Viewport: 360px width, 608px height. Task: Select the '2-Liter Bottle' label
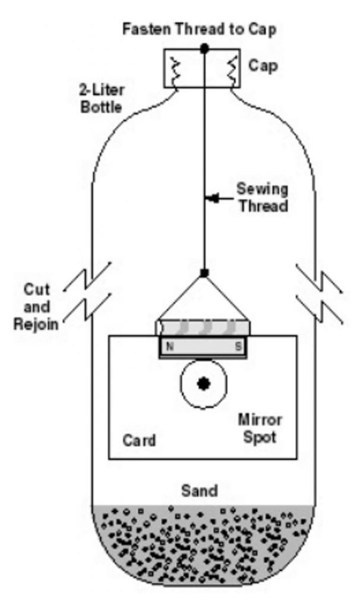(x=100, y=99)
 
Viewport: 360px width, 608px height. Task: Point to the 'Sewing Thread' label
(x=262, y=198)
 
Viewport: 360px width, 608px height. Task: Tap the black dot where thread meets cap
(x=204, y=47)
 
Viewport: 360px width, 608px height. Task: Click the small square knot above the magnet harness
(x=204, y=273)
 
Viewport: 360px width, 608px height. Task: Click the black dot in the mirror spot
(x=204, y=384)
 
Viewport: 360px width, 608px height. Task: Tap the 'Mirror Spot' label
(x=260, y=429)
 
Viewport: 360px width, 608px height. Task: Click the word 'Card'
(x=139, y=441)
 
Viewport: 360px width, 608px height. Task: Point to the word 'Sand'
(x=199, y=490)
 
